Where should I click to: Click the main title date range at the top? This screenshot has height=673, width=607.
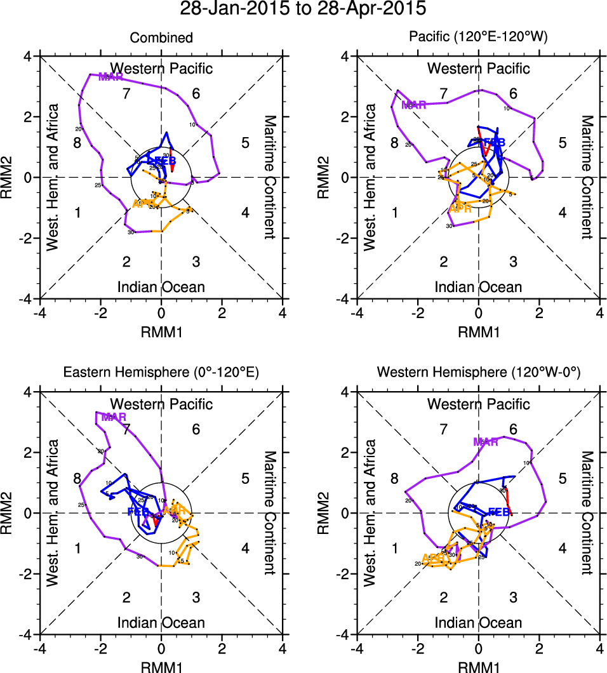303,10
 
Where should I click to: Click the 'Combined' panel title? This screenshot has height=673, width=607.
161,38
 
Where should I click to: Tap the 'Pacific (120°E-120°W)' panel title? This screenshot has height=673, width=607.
479,38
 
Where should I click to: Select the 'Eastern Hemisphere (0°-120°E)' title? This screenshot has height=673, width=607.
161,374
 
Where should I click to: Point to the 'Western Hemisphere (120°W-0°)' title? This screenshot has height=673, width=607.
479,374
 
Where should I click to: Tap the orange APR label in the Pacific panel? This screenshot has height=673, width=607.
460,208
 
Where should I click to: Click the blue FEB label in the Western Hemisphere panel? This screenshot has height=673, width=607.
498,512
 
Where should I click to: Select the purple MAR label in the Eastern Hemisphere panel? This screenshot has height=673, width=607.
114,417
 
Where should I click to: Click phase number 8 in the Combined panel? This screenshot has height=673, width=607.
77,142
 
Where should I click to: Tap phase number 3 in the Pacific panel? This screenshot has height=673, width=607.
513,262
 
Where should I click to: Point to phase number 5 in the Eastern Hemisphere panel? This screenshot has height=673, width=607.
245,478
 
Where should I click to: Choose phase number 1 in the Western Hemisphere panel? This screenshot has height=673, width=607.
394,548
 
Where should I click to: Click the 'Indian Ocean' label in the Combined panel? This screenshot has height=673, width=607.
161,287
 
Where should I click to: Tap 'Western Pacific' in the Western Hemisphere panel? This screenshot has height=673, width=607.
479,404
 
